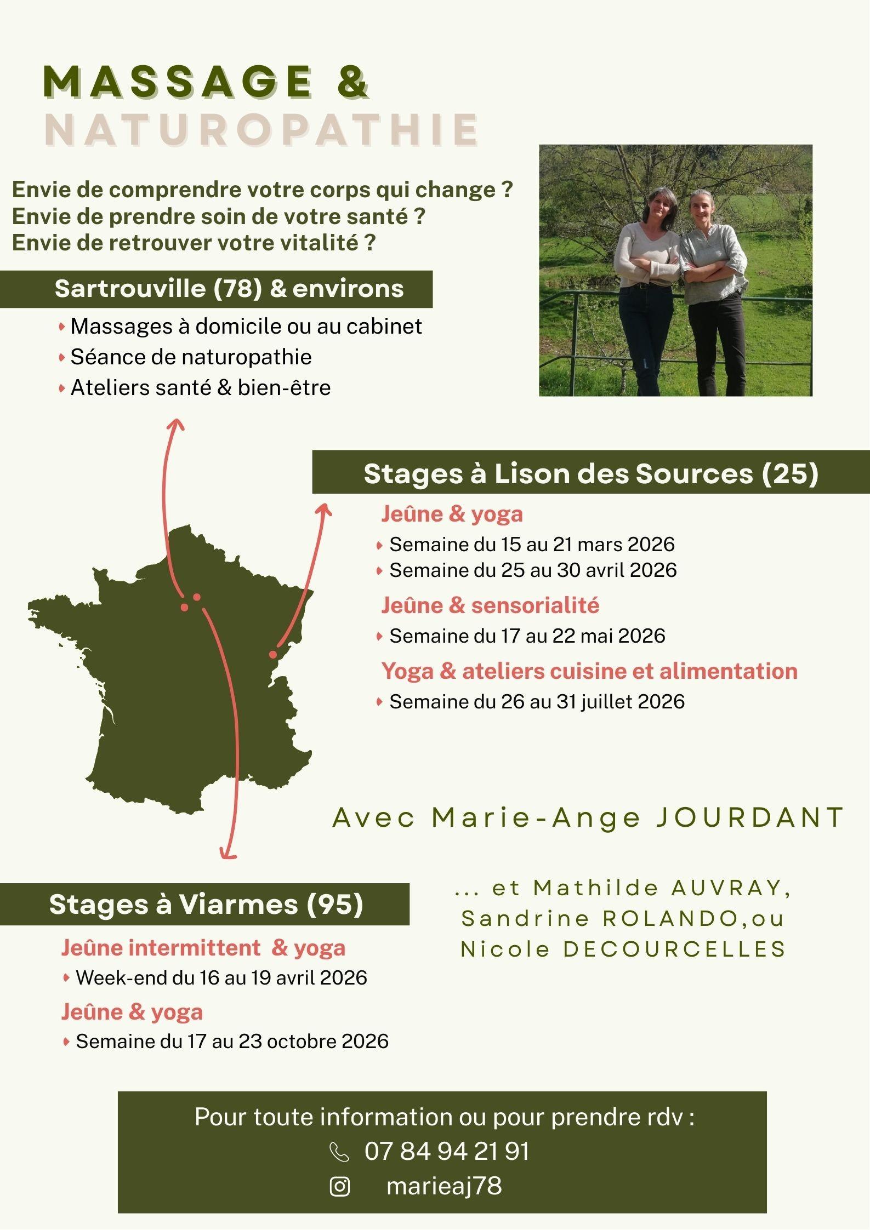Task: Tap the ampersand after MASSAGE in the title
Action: [x=349, y=82]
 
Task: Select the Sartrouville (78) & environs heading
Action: [x=229, y=289]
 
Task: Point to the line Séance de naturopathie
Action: [x=191, y=357]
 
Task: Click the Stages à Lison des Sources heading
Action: [x=590, y=473]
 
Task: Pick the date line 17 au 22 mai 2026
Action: [x=527, y=636]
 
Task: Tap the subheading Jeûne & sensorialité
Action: [x=490, y=605]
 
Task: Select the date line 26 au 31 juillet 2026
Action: [x=537, y=702]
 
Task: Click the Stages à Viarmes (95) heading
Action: [x=206, y=905]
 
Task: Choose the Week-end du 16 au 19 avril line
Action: [x=221, y=978]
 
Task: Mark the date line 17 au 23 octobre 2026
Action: [x=232, y=1042]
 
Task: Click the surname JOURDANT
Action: [x=749, y=818]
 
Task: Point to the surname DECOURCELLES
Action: [x=675, y=949]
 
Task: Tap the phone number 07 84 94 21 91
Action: [x=447, y=1151]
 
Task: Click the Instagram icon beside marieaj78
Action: [x=340, y=1187]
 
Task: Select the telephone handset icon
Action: [x=339, y=1152]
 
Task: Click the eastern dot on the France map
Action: [x=272, y=654]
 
